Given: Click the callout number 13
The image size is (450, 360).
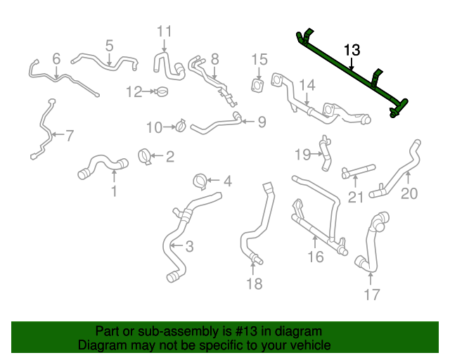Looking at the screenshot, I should [352, 50].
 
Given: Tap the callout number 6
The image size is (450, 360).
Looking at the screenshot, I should [56, 58].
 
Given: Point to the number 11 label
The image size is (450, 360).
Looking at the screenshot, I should [164, 31].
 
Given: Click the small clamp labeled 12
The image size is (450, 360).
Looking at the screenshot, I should [161, 91].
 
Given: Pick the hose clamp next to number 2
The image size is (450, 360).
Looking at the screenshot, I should [146, 156].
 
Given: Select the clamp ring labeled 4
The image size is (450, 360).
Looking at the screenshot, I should [200, 181].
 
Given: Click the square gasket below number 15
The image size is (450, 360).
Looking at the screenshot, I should [259, 86].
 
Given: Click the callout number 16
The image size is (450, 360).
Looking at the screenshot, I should [316, 257].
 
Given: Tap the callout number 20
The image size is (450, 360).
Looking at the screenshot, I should [409, 193].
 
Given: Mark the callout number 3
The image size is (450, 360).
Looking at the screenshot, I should [189, 246].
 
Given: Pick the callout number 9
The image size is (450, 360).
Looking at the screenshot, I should [262, 122].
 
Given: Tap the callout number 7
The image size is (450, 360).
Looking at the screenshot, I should [68, 135].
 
